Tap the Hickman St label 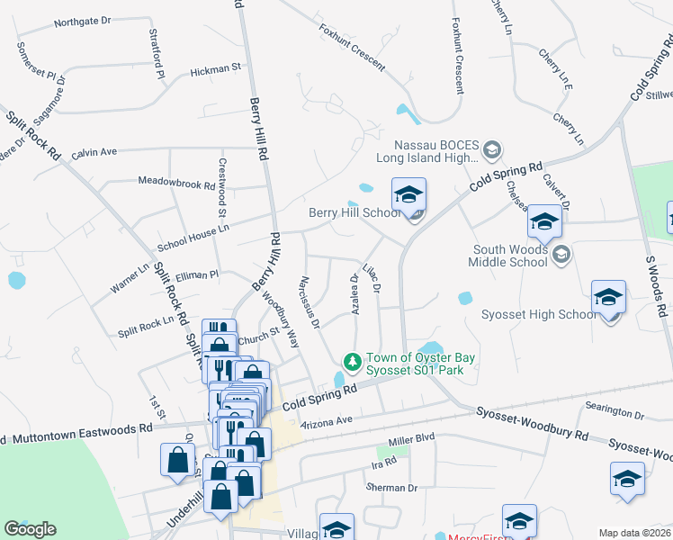tap(216, 68)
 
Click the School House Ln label tap(193, 229)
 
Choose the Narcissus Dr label tap(310, 302)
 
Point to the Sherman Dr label tap(391, 488)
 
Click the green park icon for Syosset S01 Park tap(354, 362)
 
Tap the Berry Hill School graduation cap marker tap(408, 194)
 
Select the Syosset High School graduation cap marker tap(608, 298)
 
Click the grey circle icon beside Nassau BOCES tap(491, 148)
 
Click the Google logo tap(30, 528)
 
